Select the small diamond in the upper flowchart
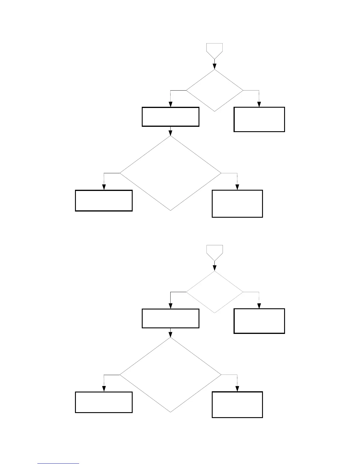pos(215,90)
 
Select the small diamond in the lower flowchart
pos(215,292)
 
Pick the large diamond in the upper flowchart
pos(171,173)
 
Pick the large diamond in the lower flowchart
pos(171,375)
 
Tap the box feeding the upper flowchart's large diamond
pos(171,117)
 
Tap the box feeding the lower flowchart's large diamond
pos(171,318)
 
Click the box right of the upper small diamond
pos(259,119)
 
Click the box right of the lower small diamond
pos(259,321)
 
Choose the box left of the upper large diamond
pos(104,201)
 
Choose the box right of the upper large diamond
pos(237,204)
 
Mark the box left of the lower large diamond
pos(104,402)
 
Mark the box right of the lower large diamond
pos(237,405)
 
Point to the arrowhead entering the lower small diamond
pos(215,268)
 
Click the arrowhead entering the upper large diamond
pos(171,133)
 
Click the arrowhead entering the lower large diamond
pos(171,335)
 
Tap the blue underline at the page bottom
pos(58,463)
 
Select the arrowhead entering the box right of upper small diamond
pos(259,104)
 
